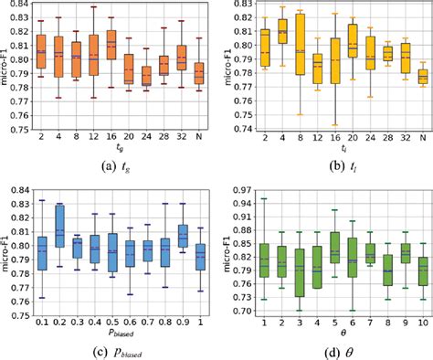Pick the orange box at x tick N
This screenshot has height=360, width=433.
(199, 74)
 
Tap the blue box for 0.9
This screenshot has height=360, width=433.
(182, 238)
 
